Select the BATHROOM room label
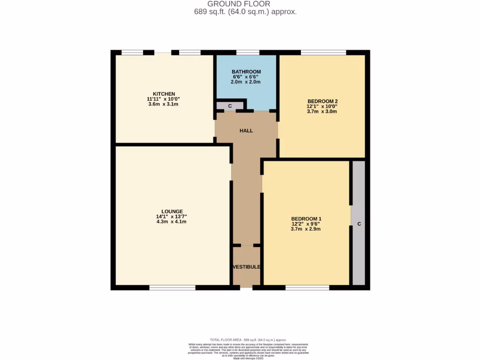pos(246,72)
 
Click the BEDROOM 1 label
pos(306,219)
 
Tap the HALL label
pos(246,131)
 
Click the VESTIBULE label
pos(247,267)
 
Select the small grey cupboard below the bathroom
pos(230,106)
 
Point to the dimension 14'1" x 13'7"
pos(172,217)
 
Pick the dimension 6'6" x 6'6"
pos(246,77)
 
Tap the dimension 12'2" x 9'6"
pos(306,224)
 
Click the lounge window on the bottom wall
pos(172,287)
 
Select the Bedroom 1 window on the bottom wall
pos(307,287)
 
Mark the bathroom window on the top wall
pos(247,52)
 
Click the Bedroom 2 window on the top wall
pos(323,52)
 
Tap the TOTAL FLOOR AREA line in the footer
pos(247,340)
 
